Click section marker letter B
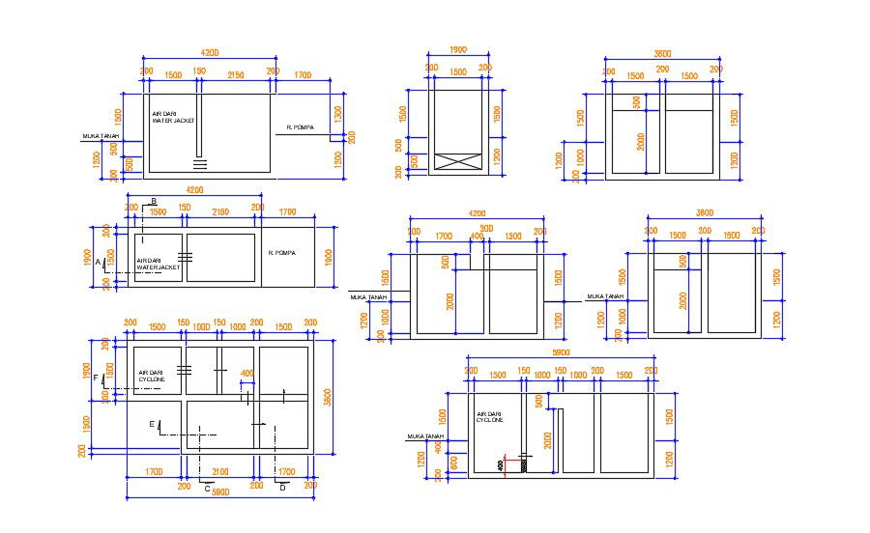(153, 201)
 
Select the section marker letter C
(207, 489)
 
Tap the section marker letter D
(282, 489)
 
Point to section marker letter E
(151, 424)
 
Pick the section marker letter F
(96, 378)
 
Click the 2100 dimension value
(219, 472)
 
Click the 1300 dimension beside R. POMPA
(338, 113)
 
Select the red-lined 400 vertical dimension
(500, 465)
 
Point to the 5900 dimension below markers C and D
(219, 492)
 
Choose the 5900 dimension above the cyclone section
(561, 354)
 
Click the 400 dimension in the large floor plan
(246, 373)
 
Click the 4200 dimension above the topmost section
(210, 51)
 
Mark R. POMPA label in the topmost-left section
(301, 126)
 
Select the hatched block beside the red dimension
(522, 465)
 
